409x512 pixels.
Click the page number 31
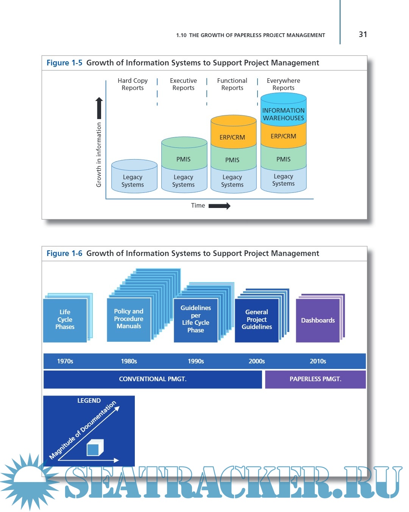pyautogui.click(x=363, y=34)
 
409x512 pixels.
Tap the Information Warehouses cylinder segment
pyautogui.click(x=283, y=114)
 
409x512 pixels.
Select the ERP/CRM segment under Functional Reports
pyautogui.click(x=233, y=137)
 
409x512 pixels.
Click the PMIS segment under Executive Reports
pyautogui.click(x=184, y=159)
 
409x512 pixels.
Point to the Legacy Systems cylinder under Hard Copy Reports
pyautogui.click(x=133, y=180)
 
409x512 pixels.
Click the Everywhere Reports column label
pyautogui.click(x=283, y=84)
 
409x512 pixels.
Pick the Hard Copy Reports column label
pyautogui.click(x=133, y=84)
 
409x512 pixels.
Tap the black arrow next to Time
pyautogui.click(x=219, y=206)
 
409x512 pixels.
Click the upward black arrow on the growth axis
pyautogui.click(x=99, y=108)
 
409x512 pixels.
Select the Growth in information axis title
pyautogui.click(x=99, y=154)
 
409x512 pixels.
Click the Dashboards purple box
pyautogui.click(x=318, y=320)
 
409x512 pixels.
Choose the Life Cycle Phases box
pyautogui.click(x=65, y=320)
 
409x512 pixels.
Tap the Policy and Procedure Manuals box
pyautogui.click(x=129, y=319)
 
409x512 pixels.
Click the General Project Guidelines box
pyautogui.click(x=257, y=320)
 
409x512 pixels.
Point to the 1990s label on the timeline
pyautogui.click(x=196, y=361)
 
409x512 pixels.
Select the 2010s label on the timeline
pyautogui.click(x=318, y=361)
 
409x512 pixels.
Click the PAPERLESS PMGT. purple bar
pyautogui.click(x=315, y=379)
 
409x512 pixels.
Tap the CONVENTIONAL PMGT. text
pyautogui.click(x=153, y=379)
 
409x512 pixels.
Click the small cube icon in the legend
pyautogui.click(x=94, y=448)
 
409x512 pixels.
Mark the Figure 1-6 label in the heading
pyautogui.click(x=64, y=253)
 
